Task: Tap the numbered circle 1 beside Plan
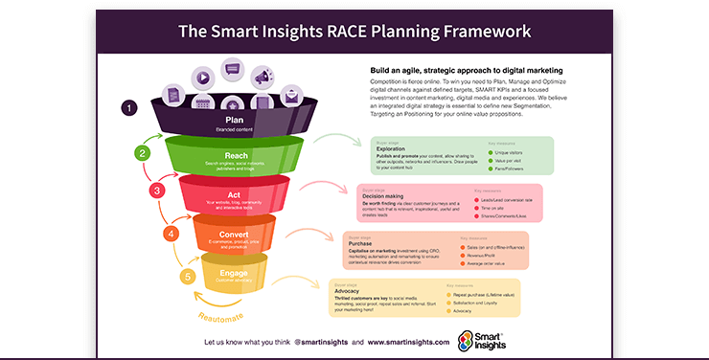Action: [x=128, y=108]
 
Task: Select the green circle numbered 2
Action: [x=143, y=152]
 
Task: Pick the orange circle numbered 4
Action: [x=172, y=233]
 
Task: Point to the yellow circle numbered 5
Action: [x=189, y=278]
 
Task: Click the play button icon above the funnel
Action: [x=202, y=78]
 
